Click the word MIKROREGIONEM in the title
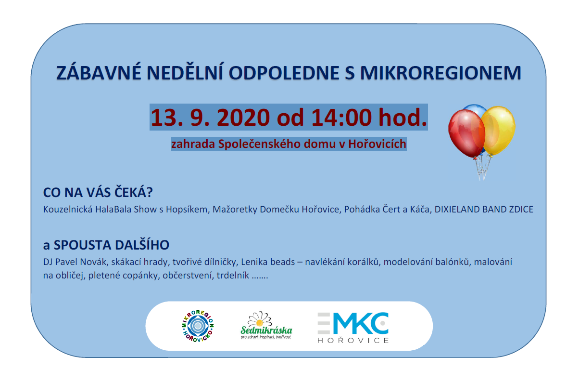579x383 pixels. pos(441,73)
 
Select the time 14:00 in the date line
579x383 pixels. pos(341,118)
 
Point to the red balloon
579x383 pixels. pos(466,133)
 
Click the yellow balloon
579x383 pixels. pos(499,130)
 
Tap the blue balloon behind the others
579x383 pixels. pos(474,109)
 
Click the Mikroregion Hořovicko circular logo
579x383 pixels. pos(198,326)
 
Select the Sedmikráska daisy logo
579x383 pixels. pos(266,325)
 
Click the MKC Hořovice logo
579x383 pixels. pos(353,328)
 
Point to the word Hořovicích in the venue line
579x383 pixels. pos(377,144)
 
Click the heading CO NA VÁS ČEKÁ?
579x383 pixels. pos(98,193)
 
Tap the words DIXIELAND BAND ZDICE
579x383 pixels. pos(484,209)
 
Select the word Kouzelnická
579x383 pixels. pos(68,209)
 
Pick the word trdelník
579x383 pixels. pos(233,275)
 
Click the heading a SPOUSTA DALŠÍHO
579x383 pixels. pos(106,245)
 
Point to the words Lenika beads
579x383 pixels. pos(268,262)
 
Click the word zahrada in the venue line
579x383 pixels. pos(193,144)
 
